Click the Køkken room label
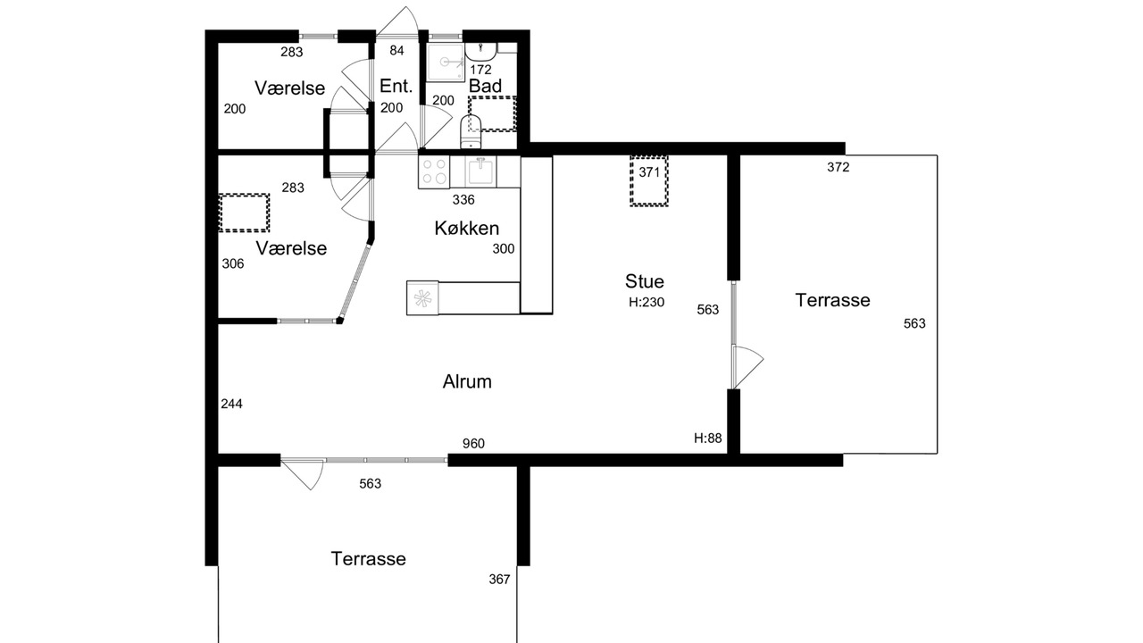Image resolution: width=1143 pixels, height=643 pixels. (466, 228)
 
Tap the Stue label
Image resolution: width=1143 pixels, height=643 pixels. (645, 281)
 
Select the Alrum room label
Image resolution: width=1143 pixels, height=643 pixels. (467, 381)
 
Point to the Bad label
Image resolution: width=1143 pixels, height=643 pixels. (485, 86)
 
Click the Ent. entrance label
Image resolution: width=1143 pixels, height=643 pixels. (396, 86)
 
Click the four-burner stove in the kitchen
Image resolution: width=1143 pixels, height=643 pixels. (434, 172)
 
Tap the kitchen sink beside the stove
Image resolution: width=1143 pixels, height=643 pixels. (480, 171)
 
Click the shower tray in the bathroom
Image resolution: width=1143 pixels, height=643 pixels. (445, 63)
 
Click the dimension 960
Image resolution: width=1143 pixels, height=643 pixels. (473, 444)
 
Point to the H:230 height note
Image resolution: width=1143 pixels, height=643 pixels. (647, 302)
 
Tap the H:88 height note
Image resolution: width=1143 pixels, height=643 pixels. (708, 438)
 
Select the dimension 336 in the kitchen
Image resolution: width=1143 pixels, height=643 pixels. (463, 199)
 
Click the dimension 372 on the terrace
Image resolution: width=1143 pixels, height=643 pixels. (838, 167)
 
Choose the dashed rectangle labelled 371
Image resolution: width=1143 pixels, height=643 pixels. (649, 181)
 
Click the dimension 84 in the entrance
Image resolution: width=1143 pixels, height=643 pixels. (396, 50)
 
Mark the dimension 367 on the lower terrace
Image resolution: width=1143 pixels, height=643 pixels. (499, 580)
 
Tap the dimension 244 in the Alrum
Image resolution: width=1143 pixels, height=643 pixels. (231, 404)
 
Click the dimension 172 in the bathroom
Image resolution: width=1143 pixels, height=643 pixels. (480, 70)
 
